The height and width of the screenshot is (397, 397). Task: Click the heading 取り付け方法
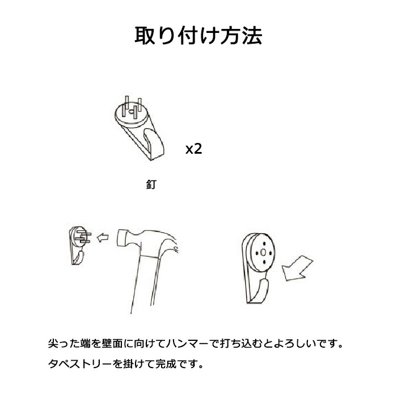point(198,36)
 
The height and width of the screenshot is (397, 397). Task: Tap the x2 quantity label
point(194,149)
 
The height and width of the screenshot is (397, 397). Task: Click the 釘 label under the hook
point(151,184)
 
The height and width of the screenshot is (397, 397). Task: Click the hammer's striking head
point(123,238)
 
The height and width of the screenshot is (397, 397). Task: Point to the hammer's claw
point(172,242)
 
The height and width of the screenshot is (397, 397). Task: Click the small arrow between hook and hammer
point(103,238)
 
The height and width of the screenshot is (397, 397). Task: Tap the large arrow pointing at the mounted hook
point(298,268)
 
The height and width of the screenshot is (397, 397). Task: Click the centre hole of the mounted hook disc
point(263,252)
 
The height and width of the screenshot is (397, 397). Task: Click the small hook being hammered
point(80,245)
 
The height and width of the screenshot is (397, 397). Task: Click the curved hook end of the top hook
point(154,143)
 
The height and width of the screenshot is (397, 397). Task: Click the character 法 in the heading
point(252,36)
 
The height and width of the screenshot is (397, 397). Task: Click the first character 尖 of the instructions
point(53,344)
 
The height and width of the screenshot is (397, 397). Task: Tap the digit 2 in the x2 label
point(198,149)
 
